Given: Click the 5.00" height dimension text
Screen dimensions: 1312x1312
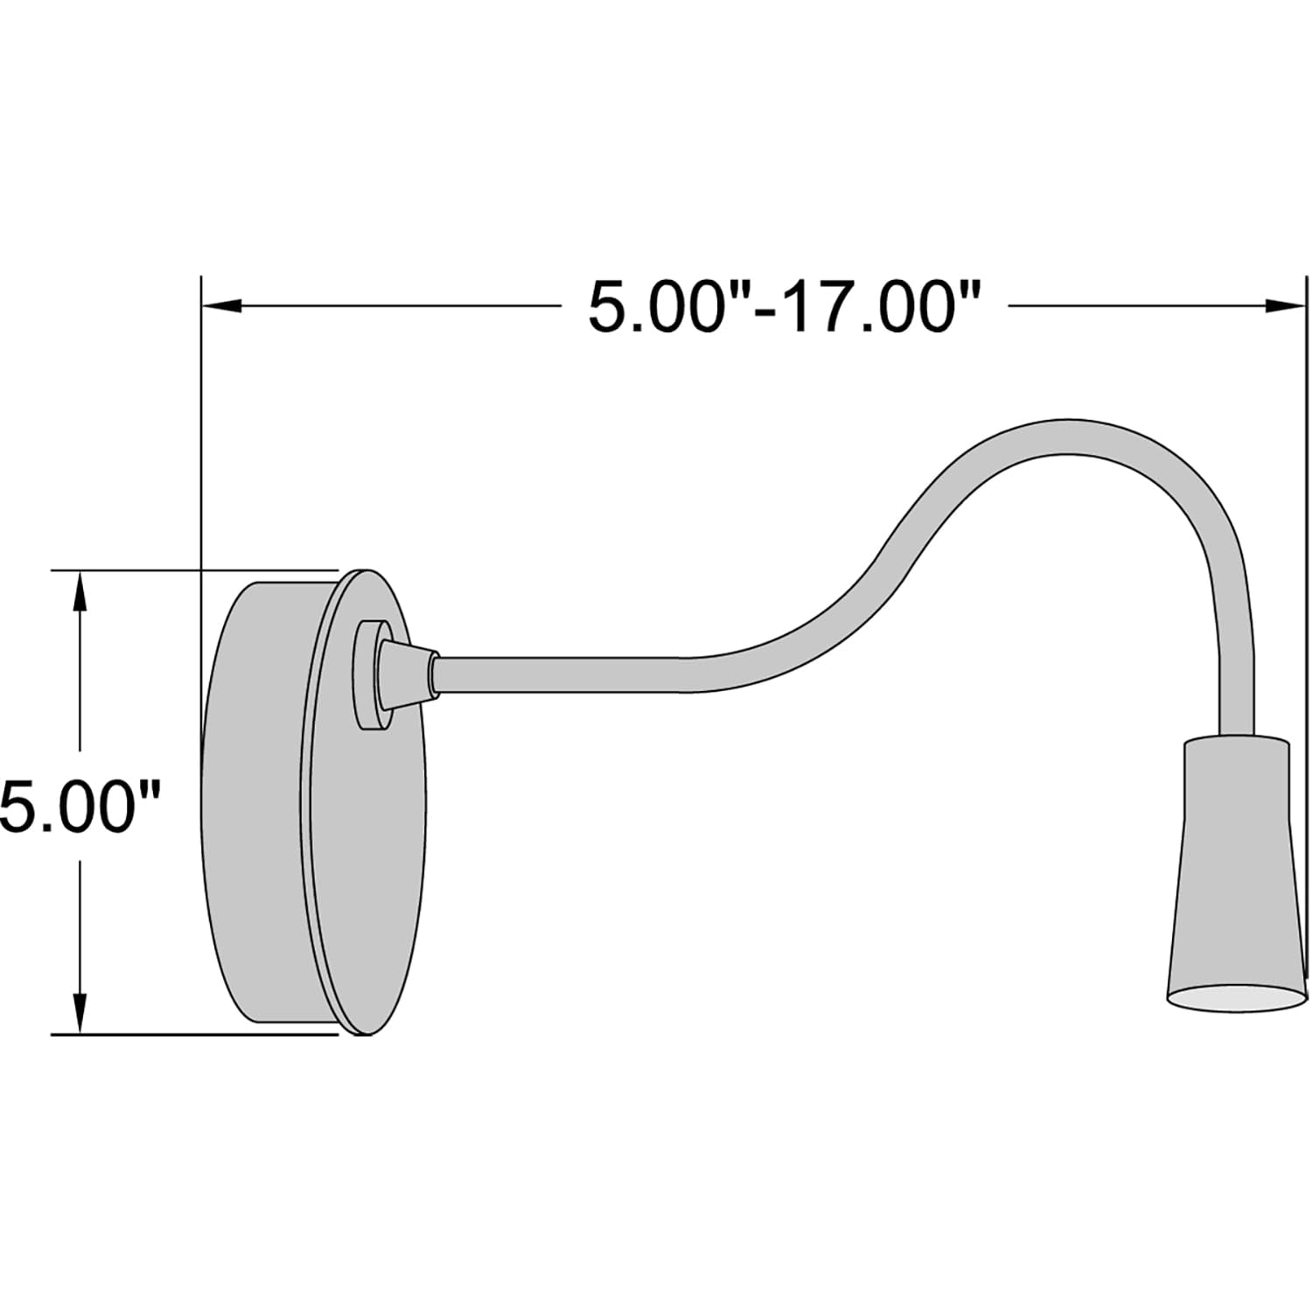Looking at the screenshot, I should click(80, 806).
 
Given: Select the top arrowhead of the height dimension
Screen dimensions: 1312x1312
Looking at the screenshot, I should click(80, 591).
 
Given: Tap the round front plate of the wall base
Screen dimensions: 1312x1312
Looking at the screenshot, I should click(367, 831).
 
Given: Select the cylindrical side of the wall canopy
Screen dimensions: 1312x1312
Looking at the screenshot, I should click(254, 805).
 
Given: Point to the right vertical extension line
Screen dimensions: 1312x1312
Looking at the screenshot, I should click(1306, 612).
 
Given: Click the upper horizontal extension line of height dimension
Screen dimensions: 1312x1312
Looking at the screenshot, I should click(192, 570).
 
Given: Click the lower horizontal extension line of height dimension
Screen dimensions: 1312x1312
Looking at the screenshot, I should click(192, 1035).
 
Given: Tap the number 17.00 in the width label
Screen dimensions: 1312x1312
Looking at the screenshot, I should click(875, 307).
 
